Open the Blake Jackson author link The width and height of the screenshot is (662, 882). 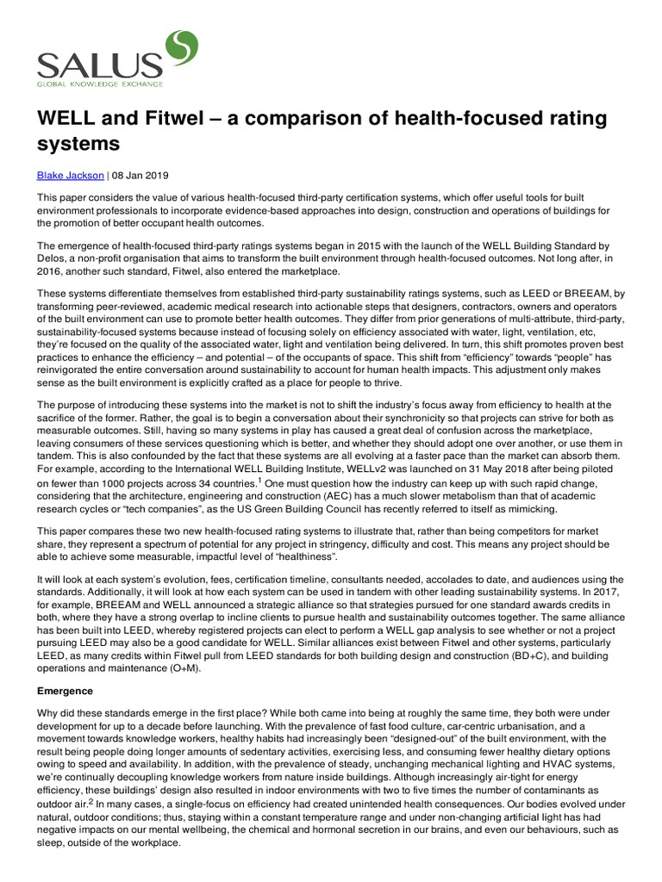click(x=70, y=175)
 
